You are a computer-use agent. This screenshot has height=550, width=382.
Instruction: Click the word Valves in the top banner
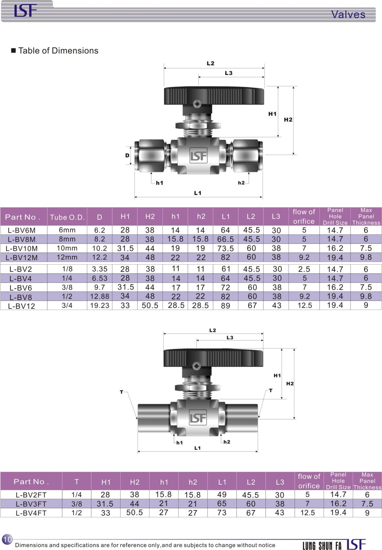pos(348,14)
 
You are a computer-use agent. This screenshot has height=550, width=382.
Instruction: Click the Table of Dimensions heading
pos(58,51)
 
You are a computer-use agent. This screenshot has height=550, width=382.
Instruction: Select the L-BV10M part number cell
pos(22,248)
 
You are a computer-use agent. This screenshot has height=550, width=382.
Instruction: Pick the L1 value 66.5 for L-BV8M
pos(225,239)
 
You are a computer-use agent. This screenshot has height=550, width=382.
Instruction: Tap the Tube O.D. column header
pos(67,217)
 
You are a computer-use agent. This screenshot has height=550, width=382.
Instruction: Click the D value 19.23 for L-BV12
pos(100,306)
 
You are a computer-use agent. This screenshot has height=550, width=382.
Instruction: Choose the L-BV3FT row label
pos(31,504)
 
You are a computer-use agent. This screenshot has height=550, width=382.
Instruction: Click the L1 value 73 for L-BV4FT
pos(222,513)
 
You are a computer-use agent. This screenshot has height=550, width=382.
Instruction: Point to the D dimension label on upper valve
pos(127,155)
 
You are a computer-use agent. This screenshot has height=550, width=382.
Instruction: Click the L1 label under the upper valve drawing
pos(198,193)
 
